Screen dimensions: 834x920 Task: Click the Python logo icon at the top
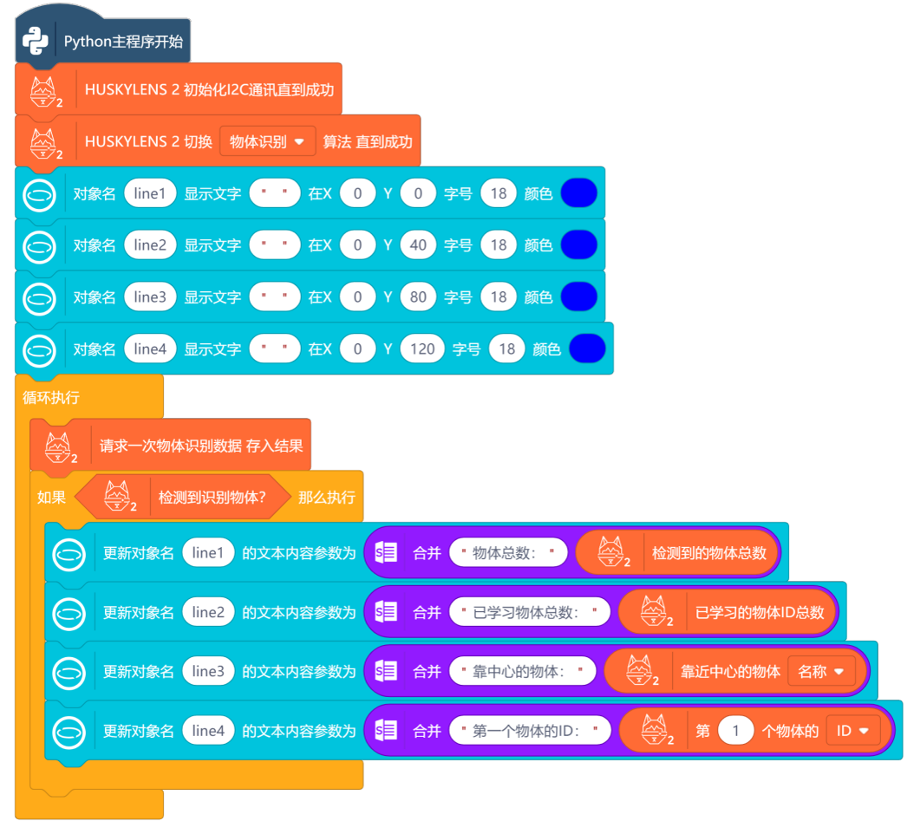(x=36, y=41)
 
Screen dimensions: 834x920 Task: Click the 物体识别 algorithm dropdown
(x=267, y=141)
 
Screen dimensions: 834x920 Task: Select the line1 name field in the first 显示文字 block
(x=149, y=193)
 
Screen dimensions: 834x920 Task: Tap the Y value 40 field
(x=418, y=245)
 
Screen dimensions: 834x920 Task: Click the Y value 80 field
(x=418, y=297)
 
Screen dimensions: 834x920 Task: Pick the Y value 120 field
(x=422, y=349)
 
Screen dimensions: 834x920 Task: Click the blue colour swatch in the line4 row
(x=587, y=349)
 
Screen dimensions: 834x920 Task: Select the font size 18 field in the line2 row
(x=498, y=245)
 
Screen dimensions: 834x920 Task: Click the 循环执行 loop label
(x=51, y=397)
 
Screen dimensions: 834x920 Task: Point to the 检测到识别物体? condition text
(x=212, y=498)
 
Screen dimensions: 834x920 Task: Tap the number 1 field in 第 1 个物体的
(x=736, y=731)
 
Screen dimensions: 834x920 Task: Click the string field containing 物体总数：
(x=508, y=553)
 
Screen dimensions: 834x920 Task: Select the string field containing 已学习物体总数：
(x=529, y=613)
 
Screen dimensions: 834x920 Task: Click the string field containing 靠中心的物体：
(x=523, y=671)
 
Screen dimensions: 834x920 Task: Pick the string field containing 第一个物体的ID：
(x=530, y=731)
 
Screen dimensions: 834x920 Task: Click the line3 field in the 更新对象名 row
(x=208, y=671)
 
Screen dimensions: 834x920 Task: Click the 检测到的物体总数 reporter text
(x=709, y=553)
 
